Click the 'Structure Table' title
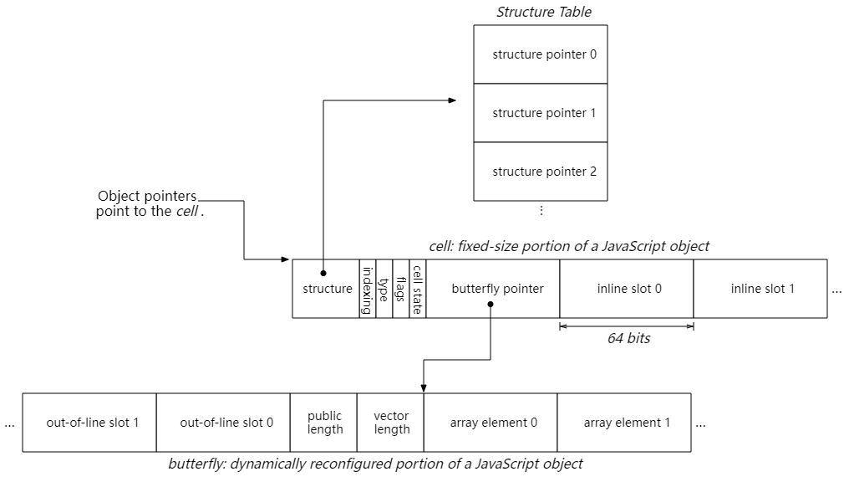tap(543, 12)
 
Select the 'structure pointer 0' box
tap(541, 54)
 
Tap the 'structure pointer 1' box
tap(541, 113)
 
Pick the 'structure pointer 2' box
tap(541, 172)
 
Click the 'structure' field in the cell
tap(326, 289)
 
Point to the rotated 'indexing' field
tap(367, 289)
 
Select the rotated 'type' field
tap(384, 289)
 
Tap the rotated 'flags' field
tap(401, 289)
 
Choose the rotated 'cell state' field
tap(418, 289)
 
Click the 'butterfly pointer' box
tap(493, 289)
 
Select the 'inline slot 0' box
tap(627, 289)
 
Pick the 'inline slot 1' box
tap(760, 289)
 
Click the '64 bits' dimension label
tap(628, 339)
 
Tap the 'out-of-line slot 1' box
tap(89, 423)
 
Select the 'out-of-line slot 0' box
tap(223, 423)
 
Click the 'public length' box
tap(324, 423)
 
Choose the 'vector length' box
tap(391, 423)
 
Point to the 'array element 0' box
tap(491, 423)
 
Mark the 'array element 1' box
tap(624, 423)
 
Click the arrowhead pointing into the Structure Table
tap(452, 100)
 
